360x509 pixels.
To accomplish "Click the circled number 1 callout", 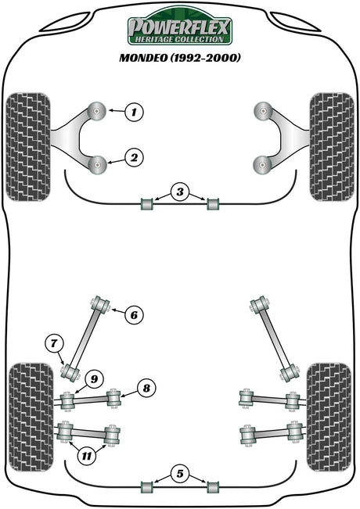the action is (x=134, y=112).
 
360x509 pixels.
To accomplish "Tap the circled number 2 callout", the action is (x=134, y=158).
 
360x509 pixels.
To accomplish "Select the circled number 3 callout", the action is (x=180, y=192).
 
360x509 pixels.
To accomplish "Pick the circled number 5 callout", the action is (x=180, y=474).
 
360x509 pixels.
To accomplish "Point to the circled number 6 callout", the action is (x=134, y=315).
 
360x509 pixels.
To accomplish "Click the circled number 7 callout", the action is (x=54, y=343).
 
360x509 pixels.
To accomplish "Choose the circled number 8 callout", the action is (x=146, y=388).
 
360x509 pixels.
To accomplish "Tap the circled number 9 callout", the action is (x=94, y=379).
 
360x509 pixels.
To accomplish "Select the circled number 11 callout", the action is (x=87, y=457).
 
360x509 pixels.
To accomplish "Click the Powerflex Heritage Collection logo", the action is (x=180, y=27).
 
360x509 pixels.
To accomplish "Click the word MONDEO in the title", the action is (x=143, y=58).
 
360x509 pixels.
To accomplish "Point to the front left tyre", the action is (x=28, y=147).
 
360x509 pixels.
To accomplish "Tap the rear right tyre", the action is (x=329, y=417).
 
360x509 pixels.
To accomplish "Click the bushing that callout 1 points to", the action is (x=97, y=111).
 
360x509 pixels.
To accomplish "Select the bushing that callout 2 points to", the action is (x=98, y=165).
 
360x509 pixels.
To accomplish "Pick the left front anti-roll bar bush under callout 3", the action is (x=147, y=204).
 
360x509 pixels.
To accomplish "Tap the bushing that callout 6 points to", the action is (x=100, y=305).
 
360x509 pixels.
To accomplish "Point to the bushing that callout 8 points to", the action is (x=113, y=398).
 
